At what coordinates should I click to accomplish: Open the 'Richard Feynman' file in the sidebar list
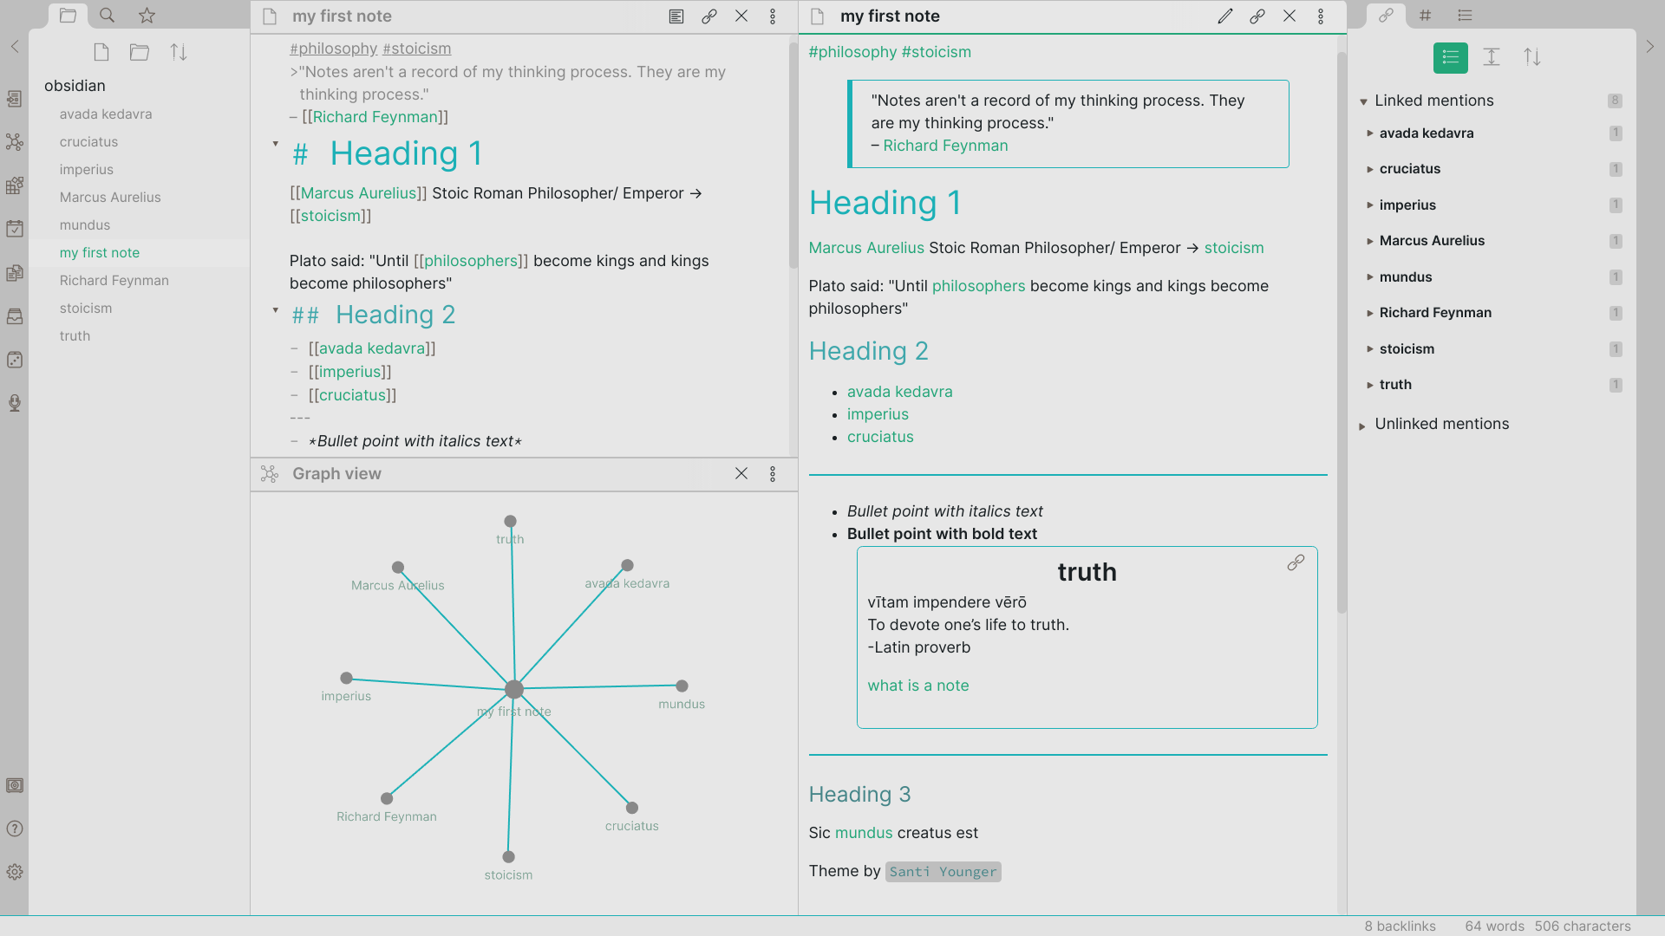(x=114, y=281)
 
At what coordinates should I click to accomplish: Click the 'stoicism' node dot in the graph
(x=508, y=857)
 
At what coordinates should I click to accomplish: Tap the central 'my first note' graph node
(x=514, y=690)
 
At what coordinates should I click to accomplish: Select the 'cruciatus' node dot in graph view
(x=632, y=808)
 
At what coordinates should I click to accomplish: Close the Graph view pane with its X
(x=741, y=474)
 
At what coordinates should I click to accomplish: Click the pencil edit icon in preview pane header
(x=1225, y=16)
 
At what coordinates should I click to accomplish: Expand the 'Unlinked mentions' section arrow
(x=1362, y=426)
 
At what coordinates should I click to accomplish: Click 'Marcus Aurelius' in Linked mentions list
(x=1432, y=241)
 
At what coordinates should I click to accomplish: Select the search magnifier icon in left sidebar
(x=107, y=16)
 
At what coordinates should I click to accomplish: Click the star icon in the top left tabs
(x=147, y=16)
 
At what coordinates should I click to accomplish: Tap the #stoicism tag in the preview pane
(x=937, y=52)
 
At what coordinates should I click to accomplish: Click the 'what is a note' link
(x=918, y=686)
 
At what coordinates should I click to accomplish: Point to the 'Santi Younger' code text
(x=943, y=872)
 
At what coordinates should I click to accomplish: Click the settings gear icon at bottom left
(x=15, y=872)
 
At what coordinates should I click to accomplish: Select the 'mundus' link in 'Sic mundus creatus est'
(x=864, y=833)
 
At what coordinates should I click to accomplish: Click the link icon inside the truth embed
(x=1296, y=563)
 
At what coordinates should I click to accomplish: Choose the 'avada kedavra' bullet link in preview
(x=899, y=392)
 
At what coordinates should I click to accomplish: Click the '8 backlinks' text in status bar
(x=1400, y=926)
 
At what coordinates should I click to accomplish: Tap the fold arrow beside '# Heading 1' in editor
(x=276, y=144)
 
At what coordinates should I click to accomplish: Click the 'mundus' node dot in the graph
(x=682, y=686)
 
